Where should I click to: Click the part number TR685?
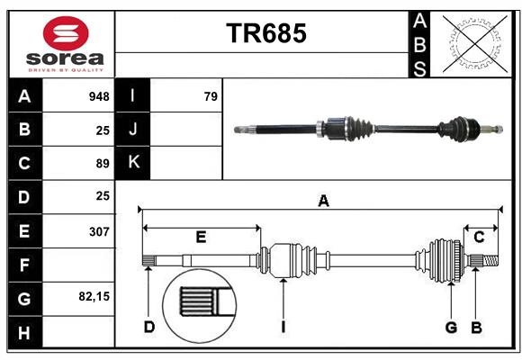265,33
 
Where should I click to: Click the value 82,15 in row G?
94,296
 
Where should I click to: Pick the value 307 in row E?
99,230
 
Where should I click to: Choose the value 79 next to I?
211,96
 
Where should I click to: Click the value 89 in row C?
103,164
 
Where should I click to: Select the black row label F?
24,265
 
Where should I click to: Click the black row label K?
133,163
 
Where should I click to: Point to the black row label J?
133,130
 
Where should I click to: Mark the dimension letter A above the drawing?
323,202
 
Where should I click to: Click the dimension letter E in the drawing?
202,237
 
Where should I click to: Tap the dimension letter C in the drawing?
480,237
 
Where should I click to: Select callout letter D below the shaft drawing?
149,327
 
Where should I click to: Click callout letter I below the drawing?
283,327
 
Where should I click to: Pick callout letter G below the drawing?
451,327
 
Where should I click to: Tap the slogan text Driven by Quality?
66,68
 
